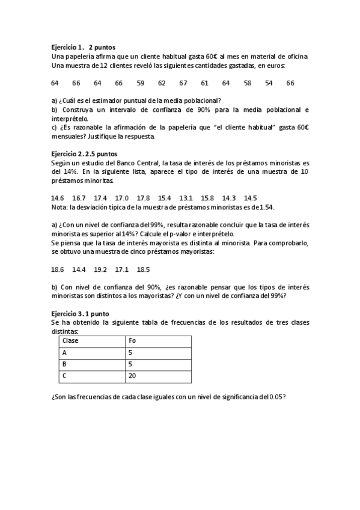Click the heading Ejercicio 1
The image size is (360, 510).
pyautogui.click(x=66, y=47)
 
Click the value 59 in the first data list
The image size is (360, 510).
pyautogui.click(x=141, y=82)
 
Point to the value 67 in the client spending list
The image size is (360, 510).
pyautogui.click(x=183, y=82)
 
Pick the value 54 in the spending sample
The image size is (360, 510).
pyautogui.click(x=269, y=82)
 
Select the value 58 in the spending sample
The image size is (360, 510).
pyautogui.click(x=248, y=82)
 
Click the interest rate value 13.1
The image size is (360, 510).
pyautogui.click(x=186, y=198)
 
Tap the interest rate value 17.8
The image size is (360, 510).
pyautogui.click(x=143, y=198)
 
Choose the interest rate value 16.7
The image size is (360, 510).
pyautogui.click(x=79, y=198)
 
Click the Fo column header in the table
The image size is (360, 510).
pyautogui.click(x=133, y=341)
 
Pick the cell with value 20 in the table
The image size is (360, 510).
pyautogui.click(x=133, y=376)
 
